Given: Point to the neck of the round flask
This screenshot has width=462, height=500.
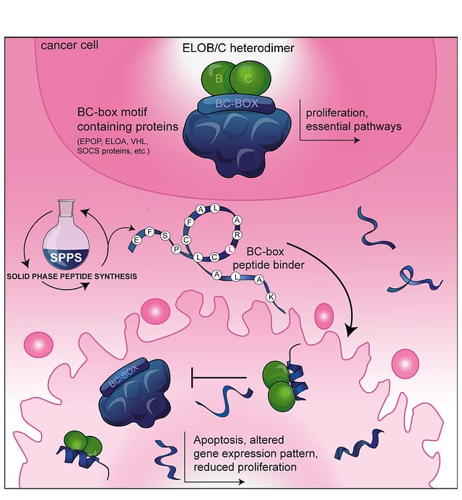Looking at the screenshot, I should (67, 209).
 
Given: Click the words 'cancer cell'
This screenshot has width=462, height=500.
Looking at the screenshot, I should (70, 45).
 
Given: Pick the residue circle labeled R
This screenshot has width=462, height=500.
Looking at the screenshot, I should (237, 233).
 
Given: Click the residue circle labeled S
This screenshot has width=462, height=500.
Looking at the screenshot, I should (165, 235).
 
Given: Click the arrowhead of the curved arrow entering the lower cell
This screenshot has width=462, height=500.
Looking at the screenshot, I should (352, 331).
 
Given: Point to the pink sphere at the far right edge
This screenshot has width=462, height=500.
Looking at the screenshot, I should (406, 362).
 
